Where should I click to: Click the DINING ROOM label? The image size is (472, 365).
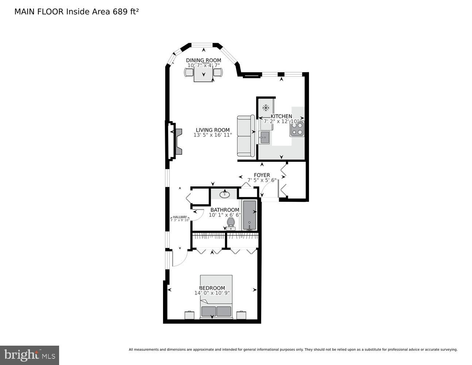(x=204, y=60)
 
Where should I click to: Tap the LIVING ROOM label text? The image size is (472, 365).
(x=213, y=130)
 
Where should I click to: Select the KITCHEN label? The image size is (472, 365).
(x=281, y=116)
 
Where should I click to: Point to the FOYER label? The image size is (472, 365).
(x=262, y=175)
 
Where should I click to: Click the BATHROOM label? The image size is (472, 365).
(x=225, y=210)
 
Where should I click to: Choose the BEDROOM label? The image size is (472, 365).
(x=212, y=288)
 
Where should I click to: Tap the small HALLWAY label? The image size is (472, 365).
(x=180, y=217)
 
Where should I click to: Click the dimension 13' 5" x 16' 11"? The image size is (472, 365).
(x=213, y=135)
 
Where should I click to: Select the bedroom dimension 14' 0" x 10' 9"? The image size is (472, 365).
(x=212, y=293)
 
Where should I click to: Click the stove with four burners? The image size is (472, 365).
(x=297, y=129)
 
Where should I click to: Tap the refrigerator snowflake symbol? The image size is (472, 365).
(x=266, y=108)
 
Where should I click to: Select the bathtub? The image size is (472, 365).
(x=250, y=215)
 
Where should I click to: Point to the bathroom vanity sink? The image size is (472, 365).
(x=225, y=194)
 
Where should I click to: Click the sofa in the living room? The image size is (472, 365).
(x=246, y=136)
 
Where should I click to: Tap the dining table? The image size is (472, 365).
(x=203, y=74)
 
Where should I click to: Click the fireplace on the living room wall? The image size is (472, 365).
(x=174, y=142)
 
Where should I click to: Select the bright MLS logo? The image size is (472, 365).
(x=30, y=355)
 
